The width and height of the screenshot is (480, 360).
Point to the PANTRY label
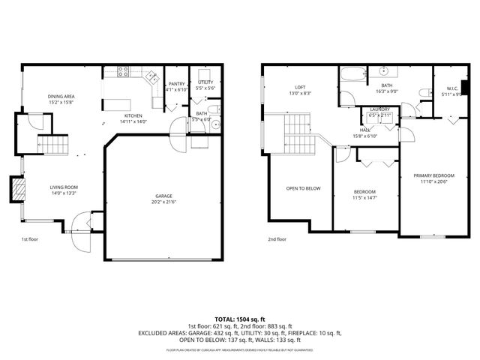[176, 84]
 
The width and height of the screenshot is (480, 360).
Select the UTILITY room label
[205, 82]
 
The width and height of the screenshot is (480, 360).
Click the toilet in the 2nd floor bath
[424, 93]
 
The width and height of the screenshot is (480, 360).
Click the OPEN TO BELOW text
[304, 188]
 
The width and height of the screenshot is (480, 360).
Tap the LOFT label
[300, 86]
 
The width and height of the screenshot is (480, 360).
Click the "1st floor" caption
[29, 239]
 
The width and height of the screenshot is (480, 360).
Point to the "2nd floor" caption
[277, 239]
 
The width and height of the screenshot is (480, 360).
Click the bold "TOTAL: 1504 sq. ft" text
[240, 319]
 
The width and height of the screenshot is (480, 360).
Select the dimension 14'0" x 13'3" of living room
[64, 193]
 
